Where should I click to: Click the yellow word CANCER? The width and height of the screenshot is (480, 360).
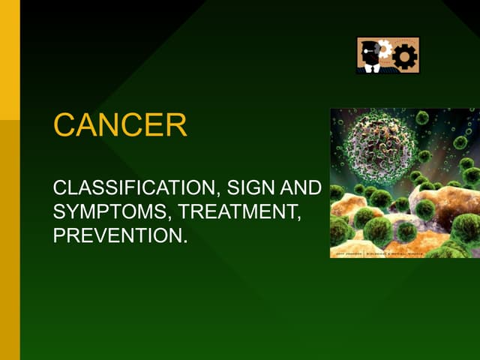pyautogui.click(x=120, y=125)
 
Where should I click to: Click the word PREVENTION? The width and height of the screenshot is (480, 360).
pyautogui.click(x=117, y=235)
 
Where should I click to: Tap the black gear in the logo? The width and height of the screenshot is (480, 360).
pyautogui.click(x=406, y=56)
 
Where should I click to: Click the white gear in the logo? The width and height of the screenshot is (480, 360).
pyautogui.click(x=385, y=49)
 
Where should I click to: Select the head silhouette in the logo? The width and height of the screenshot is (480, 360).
pyautogui.click(x=370, y=55)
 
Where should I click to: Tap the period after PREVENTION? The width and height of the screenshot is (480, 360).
pyautogui.click(x=184, y=241)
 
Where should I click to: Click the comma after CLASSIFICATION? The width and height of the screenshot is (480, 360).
pyautogui.click(x=213, y=195)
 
